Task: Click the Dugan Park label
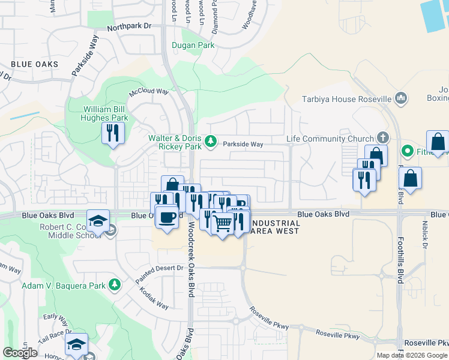[193, 45]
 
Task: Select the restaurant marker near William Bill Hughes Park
[112, 132]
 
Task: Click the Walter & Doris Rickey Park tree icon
[210, 142]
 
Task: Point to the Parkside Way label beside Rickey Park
[243, 144]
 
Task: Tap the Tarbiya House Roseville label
[346, 99]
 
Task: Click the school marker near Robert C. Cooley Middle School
[98, 221]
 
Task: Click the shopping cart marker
[223, 223]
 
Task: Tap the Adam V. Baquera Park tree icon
[113, 286]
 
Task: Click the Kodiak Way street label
[154, 297]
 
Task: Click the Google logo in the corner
[20, 352]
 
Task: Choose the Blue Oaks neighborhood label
[34, 64]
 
